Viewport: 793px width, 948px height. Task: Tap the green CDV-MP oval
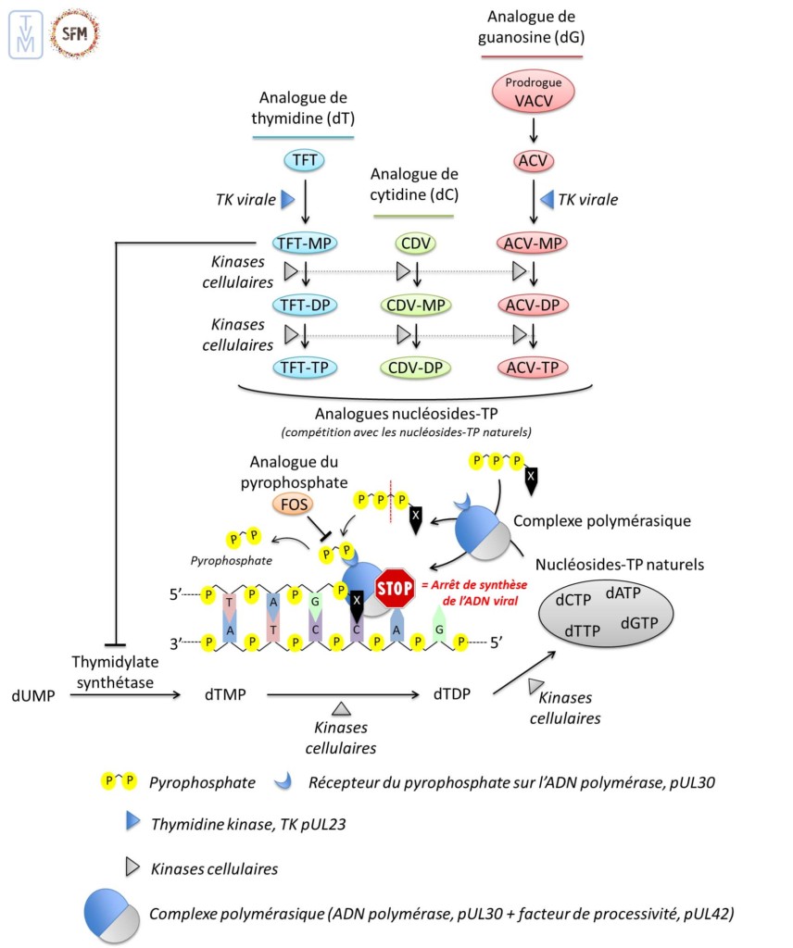pyautogui.click(x=418, y=306)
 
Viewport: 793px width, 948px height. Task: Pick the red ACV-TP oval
pyautogui.click(x=532, y=368)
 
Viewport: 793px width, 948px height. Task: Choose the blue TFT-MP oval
pyautogui.click(x=305, y=243)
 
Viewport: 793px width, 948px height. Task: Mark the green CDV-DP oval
pyautogui.click(x=418, y=368)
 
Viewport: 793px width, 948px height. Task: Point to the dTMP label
pyautogui.click(x=225, y=692)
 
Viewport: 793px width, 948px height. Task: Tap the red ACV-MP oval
pyautogui.click(x=532, y=243)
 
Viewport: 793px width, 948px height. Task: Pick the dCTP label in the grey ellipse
pyautogui.click(x=574, y=600)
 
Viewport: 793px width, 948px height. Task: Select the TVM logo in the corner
pyautogui.click(x=25, y=34)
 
